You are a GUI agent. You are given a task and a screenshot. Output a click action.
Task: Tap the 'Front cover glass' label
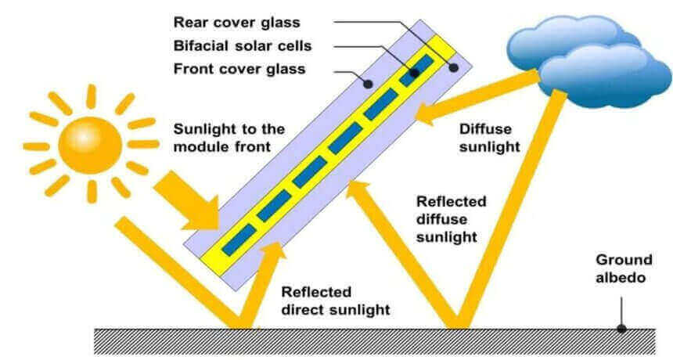tap(239, 70)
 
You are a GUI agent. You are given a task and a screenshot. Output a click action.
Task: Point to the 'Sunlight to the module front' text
tap(228, 138)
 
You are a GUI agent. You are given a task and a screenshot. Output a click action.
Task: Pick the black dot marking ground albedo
tap(621, 328)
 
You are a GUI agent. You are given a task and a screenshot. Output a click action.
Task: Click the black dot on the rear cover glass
tap(453, 69)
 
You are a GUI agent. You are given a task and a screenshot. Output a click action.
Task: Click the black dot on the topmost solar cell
tap(414, 72)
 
